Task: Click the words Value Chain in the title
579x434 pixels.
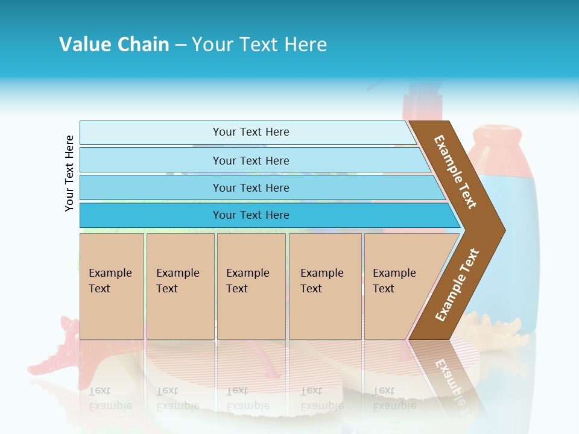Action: coord(114,45)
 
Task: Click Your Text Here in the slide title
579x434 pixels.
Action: coord(259,45)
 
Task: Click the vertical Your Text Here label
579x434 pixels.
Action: coord(69,173)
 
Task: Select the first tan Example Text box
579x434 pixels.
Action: coord(112,286)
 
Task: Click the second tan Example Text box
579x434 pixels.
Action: coord(180,286)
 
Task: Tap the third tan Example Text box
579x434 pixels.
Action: coord(251,286)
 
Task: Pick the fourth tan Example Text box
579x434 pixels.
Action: coord(324,286)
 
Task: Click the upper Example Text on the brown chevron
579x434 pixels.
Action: coord(456,172)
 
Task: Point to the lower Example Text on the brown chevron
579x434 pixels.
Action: coord(457,285)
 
